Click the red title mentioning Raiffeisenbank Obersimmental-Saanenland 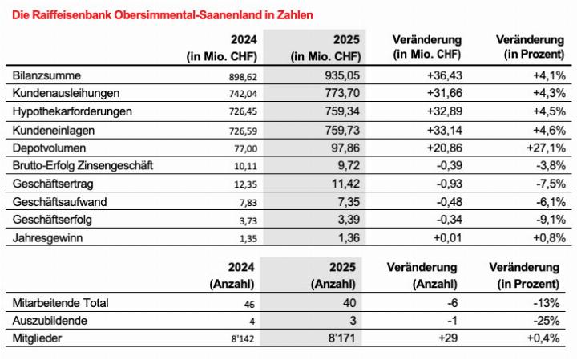[159, 14]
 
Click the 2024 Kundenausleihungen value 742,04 [240, 93]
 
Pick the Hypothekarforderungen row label [72, 111]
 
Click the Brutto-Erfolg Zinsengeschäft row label [83, 165]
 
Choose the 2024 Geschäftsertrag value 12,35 [242, 184]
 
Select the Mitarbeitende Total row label [61, 302]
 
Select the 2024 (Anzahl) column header [232, 275]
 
